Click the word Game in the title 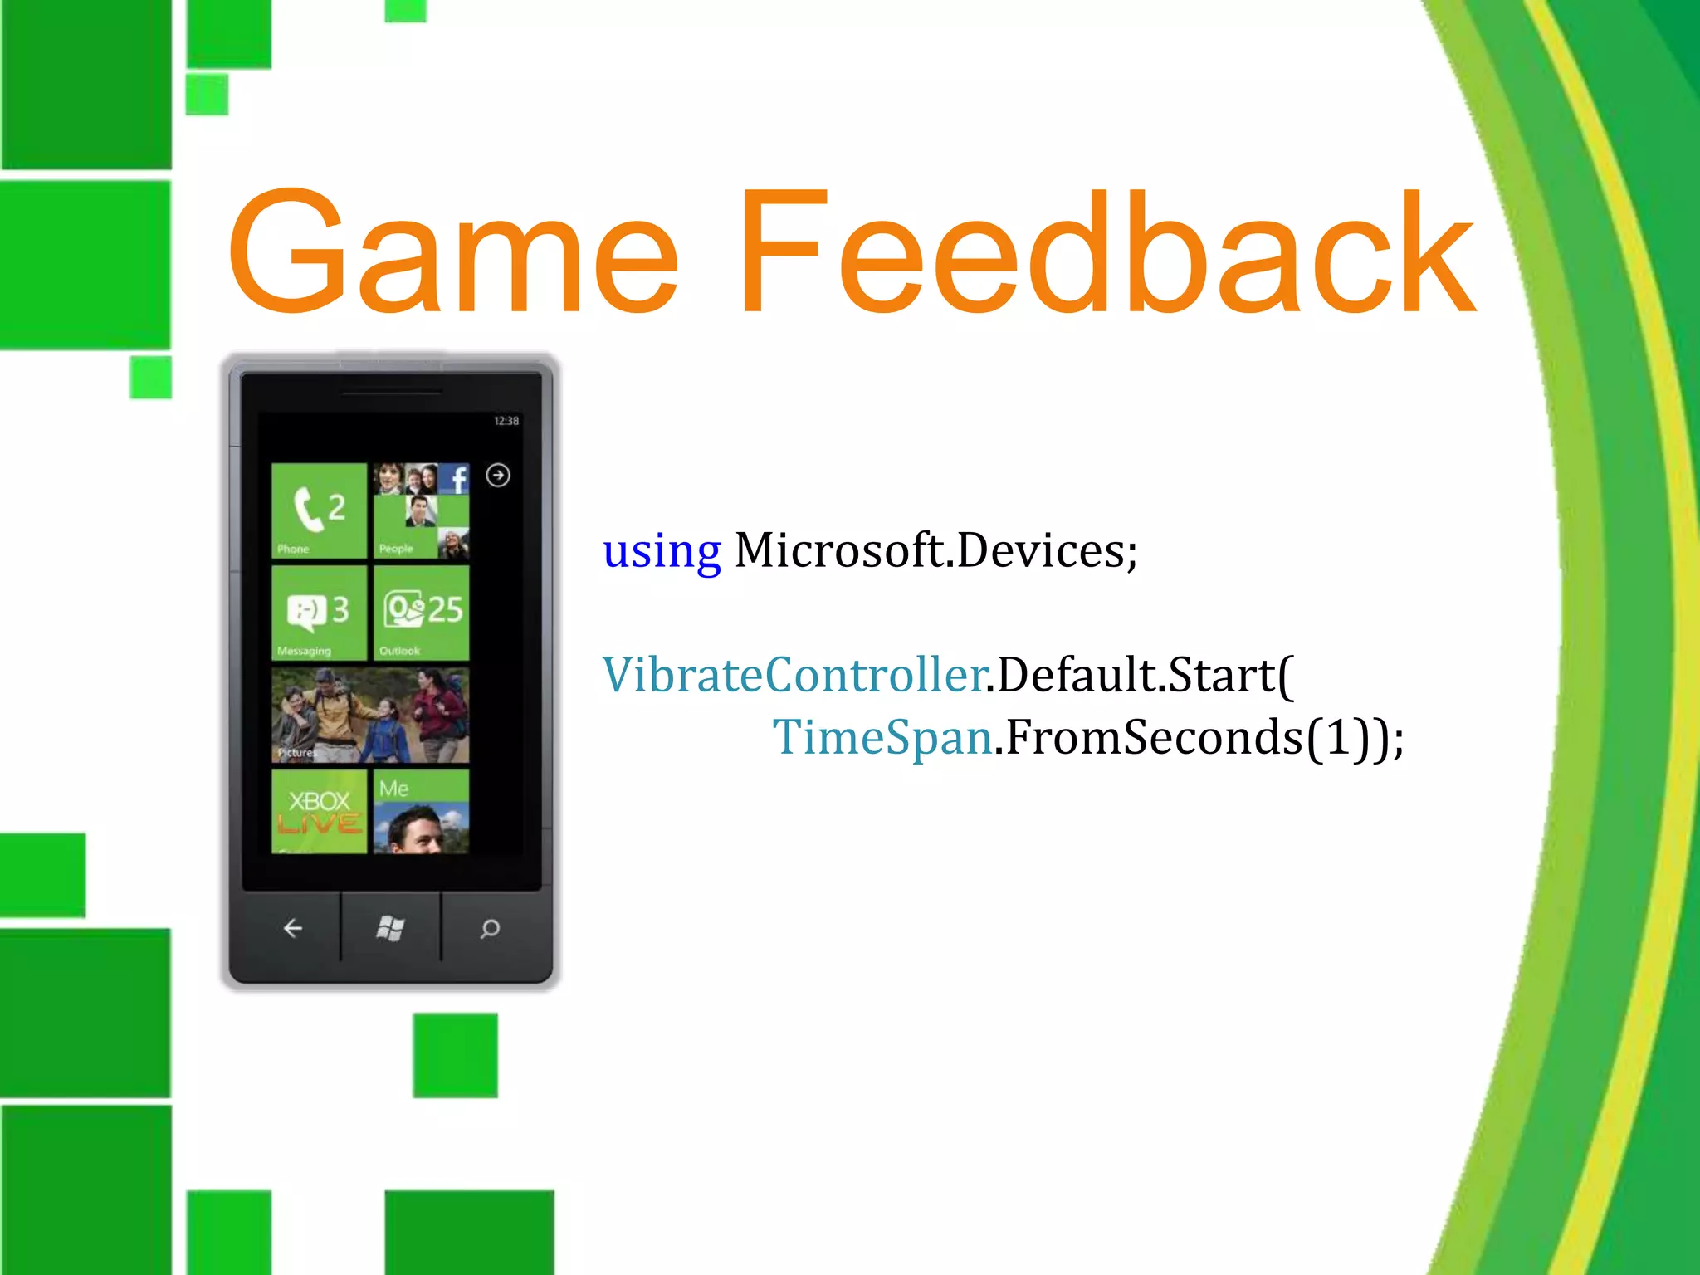pos(452,253)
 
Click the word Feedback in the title pos(1108,253)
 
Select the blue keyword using pos(662,551)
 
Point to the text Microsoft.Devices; pos(936,550)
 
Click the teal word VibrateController pos(794,675)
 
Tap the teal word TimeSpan pos(882,737)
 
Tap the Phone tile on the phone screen pos(319,510)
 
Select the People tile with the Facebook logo pos(421,510)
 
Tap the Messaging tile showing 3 pos(319,613)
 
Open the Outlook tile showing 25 pos(421,613)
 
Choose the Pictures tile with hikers pos(370,716)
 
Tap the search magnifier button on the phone pos(491,928)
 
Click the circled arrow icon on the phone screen pos(498,475)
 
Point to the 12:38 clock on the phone pos(506,421)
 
